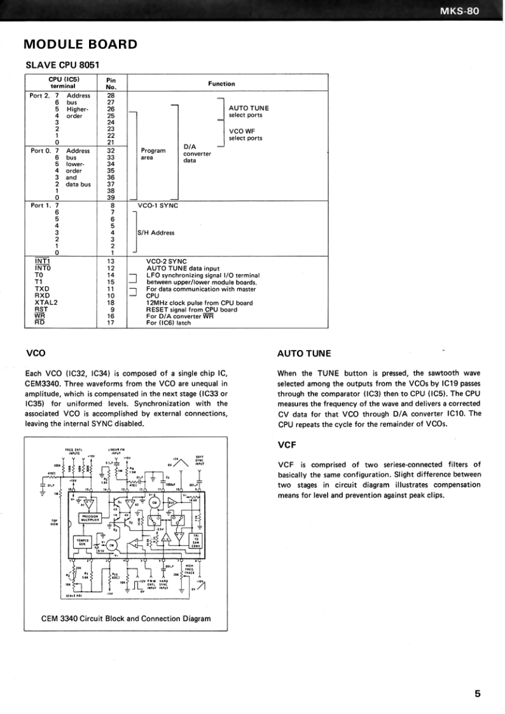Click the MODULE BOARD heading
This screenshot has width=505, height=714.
[x=80, y=45]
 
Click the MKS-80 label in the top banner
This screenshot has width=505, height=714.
[x=470, y=11]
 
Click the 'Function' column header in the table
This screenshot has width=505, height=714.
[x=221, y=83]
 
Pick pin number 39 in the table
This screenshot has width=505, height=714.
[x=111, y=198]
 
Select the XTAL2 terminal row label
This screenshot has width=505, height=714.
[x=46, y=302]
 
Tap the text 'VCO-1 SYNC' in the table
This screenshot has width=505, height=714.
[x=158, y=206]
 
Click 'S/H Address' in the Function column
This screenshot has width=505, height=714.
[x=156, y=233]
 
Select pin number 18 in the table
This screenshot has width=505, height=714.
[x=111, y=302]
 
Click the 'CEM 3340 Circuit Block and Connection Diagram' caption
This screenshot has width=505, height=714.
[x=126, y=619]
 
